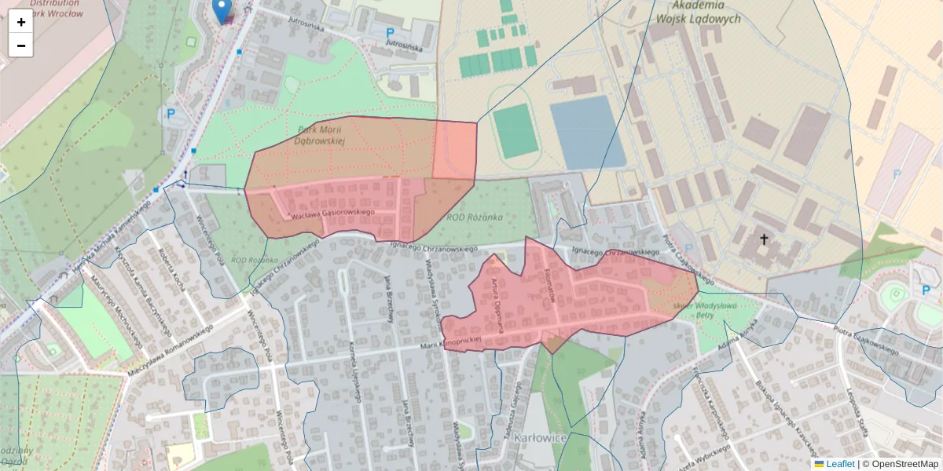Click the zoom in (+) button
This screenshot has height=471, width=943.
(x=20, y=22)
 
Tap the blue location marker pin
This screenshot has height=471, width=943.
(x=222, y=11)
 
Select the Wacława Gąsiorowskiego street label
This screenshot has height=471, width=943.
(x=332, y=213)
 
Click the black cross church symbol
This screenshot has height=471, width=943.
(x=762, y=238)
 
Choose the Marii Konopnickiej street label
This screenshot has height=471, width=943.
(x=449, y=345)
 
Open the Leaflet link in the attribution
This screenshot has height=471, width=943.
(x=840, y=464)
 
